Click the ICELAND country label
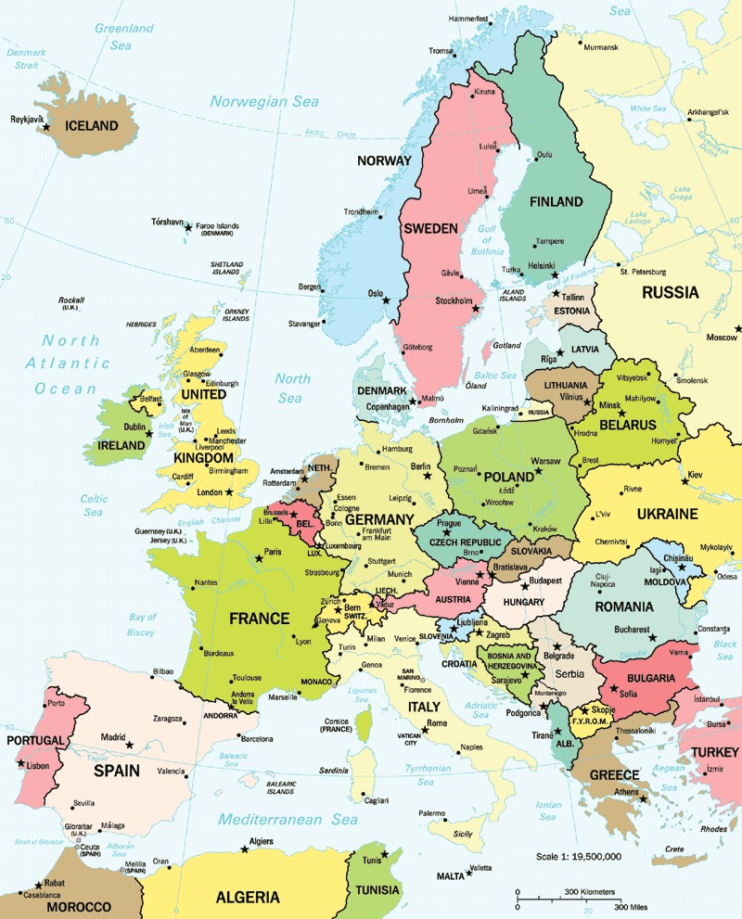click(90, 125)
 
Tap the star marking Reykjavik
click(46, 127)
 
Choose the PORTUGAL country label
click(35, 740)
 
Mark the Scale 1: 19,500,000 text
click(579, 856)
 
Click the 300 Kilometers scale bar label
click(590, 891)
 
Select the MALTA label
click(450, 875)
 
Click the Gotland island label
click(506, 345)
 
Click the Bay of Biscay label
click(143, 624)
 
